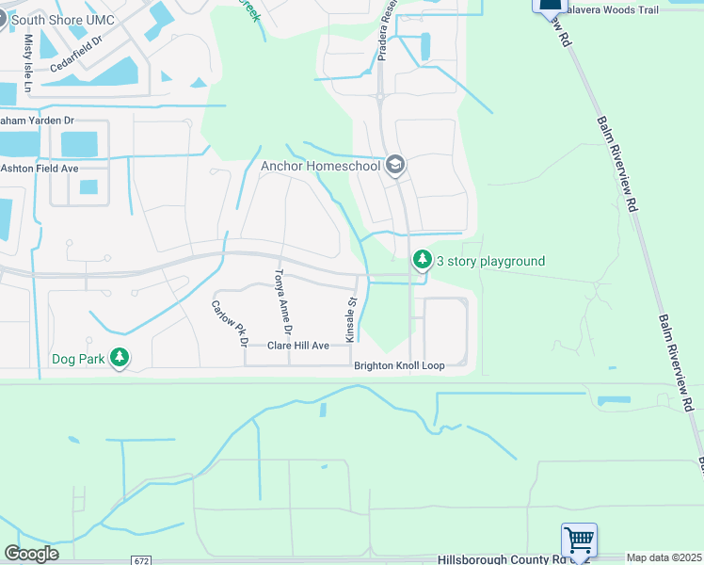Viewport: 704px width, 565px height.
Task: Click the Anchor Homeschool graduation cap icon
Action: click(395, 166)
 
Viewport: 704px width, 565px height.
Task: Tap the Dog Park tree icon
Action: click(119, 358)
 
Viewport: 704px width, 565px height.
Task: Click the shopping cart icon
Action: click(579, 541)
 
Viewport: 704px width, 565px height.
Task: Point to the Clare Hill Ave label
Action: click(298, 347)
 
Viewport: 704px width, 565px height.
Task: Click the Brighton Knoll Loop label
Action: click(399, 365)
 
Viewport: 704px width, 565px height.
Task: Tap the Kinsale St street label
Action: click(350, 321)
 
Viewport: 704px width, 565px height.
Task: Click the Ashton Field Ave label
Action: click(40, 168)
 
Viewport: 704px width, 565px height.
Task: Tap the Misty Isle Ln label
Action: click(28, 64)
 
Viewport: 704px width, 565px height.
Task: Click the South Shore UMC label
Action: click(63, 20)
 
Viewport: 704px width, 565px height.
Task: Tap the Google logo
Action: click(31, 554)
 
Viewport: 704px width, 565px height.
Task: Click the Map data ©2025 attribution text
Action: click(664, 558)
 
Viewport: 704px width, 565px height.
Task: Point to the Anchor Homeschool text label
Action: click(321, 167)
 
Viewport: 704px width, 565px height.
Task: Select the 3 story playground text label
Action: click(490, 261)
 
